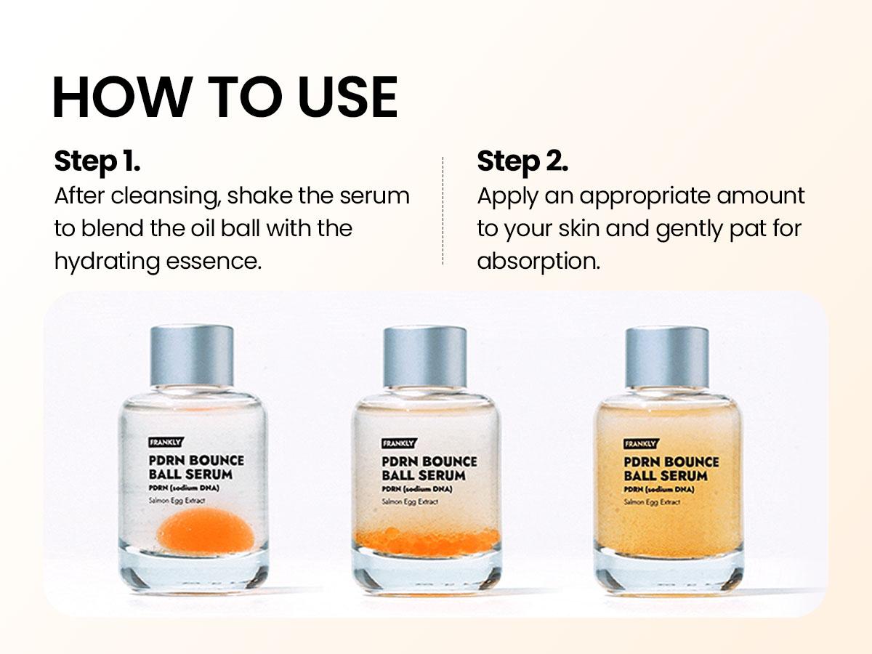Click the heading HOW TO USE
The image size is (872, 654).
(x=225, y=97)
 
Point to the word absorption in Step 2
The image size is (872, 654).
(x=538, y=261)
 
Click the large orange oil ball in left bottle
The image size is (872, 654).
(x=206, y=528)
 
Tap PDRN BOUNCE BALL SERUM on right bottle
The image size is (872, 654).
(x=671, y=469)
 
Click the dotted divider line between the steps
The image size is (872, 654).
(x=443, y=211)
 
